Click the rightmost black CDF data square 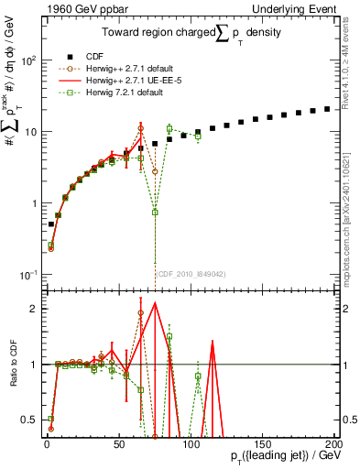tap(327, 109)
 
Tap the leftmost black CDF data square tap(51, 224)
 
